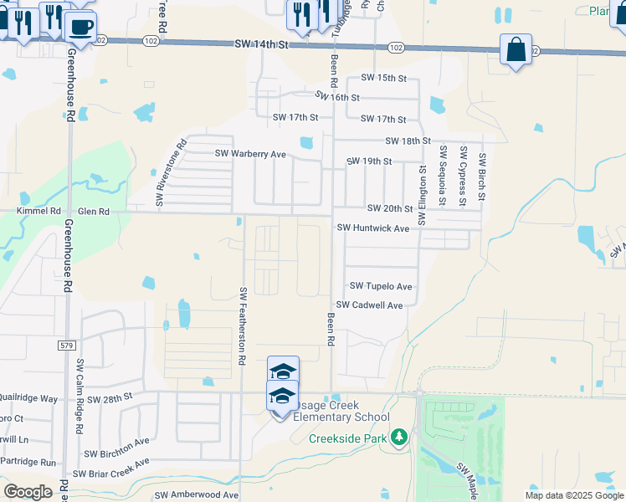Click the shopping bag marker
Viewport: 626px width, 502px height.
coord(516,49)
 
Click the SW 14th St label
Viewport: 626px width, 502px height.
coord(260,44)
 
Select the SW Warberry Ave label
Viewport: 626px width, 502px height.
coord(250,154)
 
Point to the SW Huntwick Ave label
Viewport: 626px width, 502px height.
coord(372,228)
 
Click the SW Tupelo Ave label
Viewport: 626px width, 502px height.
coord(381,286)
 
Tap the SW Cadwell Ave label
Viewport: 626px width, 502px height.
coord(369,305)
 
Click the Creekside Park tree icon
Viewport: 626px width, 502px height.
coord(399,438)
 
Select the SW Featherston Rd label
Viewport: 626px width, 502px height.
coord(243,325)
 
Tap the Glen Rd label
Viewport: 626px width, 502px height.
coord(94,213)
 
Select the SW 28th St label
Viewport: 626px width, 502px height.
coord(110,399)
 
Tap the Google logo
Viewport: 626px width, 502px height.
coord(28,492)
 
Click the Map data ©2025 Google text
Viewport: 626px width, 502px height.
coord(573,495)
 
